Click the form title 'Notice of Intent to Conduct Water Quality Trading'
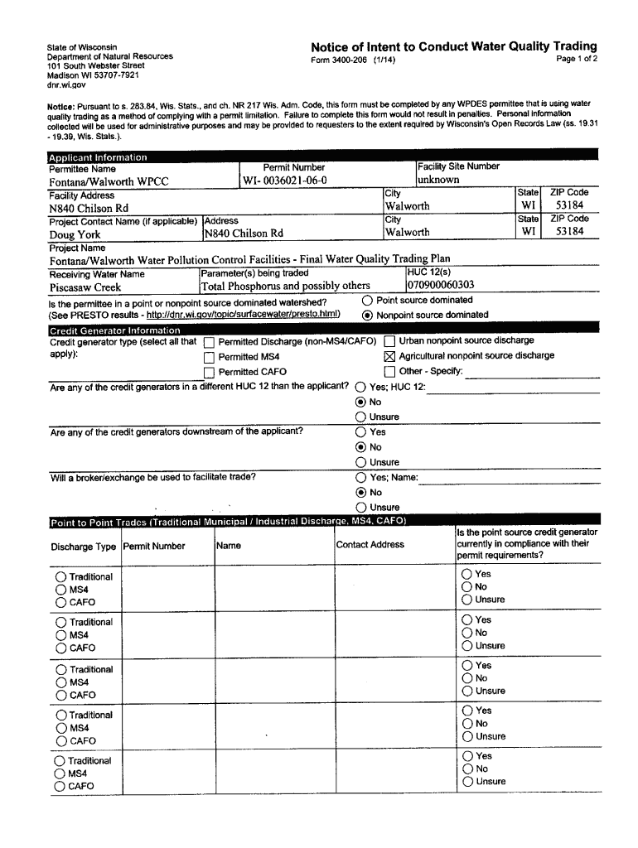(x=453, y=46)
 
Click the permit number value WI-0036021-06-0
(x=285, y=181)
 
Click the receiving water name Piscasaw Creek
(x=85, y=287)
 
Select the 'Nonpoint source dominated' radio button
(x=367, y=316)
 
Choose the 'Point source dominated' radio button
(x=367, y=301)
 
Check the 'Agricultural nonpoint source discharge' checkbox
(x=389, y=356)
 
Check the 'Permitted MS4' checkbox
(x=209, y=358)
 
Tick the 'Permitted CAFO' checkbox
(x=209, y=373)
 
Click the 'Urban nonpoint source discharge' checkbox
(x=389, y=341)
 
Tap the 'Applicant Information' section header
(x=98, y=157)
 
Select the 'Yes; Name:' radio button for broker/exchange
(x=360, y=478)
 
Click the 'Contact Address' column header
(x=370, y=545)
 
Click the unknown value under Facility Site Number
(x=438, y=180)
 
